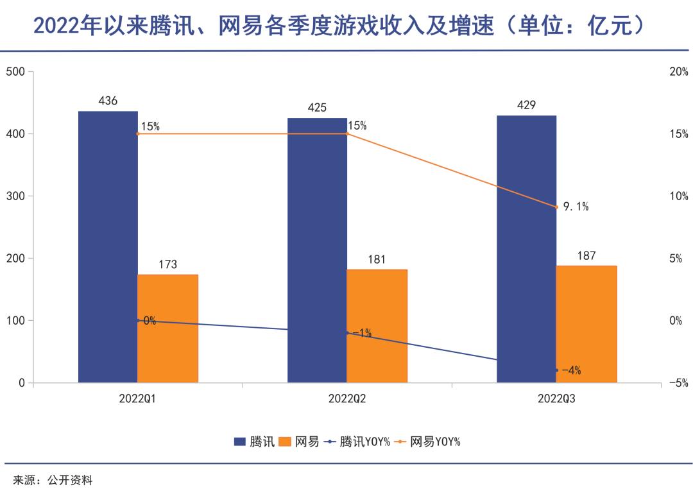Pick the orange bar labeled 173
[167, 329]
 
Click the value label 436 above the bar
[108, 101]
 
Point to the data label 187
[586, 256]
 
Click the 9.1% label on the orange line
[576, 207]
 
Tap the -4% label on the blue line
[571, 370]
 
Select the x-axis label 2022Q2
[347, 398]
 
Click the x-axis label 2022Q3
[556, 398]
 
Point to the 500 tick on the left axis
[15, 72]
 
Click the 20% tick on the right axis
[679, 72]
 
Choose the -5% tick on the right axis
[678, 383]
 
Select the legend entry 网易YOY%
[435, 441]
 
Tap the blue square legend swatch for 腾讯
[240, 441]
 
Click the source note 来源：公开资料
[53, 480]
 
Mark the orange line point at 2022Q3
[556, 207]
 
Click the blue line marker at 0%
[137, 320]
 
